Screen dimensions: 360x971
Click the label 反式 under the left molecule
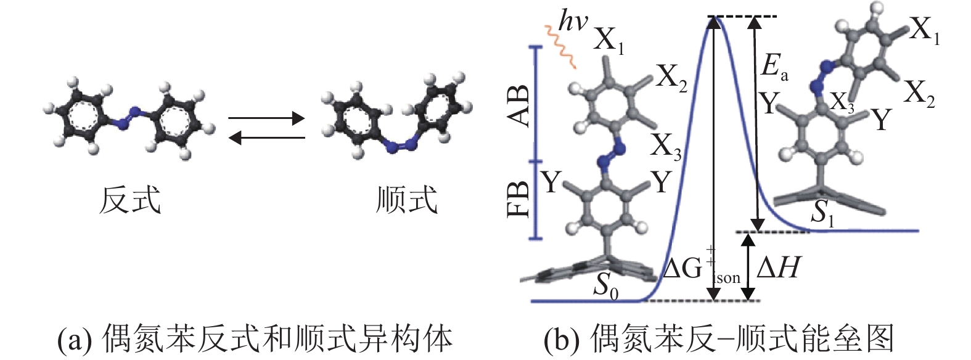pyautogui.click(x=130, y=201)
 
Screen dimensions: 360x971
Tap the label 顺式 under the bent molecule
pyautogui.click(x=407, y=201)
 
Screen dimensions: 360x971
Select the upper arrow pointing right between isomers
pyautogui.click(x=266, y=118)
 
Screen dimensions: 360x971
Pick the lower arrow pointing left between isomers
pyautogui.click(x=266, y=138)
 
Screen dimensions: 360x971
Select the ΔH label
pyautogui.click(x=778, y=269)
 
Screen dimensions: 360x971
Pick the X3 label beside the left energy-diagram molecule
pyautogui.click(x=666, y=147)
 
